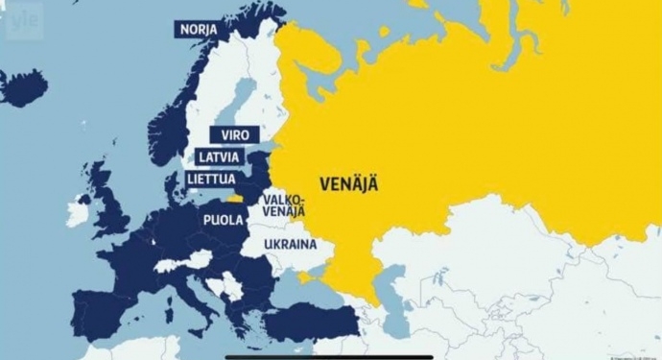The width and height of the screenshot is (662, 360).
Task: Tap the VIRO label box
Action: point(234,135)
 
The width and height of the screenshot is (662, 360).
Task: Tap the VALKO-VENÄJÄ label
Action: point(279,204)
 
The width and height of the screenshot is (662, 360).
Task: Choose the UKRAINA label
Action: point(291,245)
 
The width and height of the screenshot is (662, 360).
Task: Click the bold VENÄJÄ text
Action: point(348,184)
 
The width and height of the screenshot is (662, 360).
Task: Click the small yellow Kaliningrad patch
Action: point(234,201)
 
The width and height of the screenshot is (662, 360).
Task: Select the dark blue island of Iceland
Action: point(24,88)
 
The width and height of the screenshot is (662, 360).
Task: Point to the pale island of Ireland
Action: point(78,211)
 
